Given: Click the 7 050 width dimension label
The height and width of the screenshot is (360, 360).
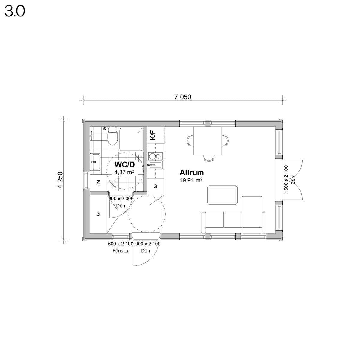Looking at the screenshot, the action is click(x=182, y=97).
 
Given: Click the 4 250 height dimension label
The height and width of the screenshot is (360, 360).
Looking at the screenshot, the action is click(x=61, y=180).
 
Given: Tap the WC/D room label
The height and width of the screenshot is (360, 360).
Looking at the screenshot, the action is click(x=124, y=164).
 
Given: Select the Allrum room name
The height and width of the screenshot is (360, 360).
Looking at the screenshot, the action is click(x=191, y=172).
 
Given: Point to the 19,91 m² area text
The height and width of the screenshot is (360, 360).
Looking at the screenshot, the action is click(x=191, y=181).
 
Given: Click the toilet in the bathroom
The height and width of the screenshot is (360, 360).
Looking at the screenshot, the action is click(x=112, y=136).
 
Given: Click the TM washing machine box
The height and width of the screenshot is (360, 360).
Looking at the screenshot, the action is click(x=99, y=183).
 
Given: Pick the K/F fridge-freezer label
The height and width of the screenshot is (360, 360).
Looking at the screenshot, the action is click(x=153, y=135).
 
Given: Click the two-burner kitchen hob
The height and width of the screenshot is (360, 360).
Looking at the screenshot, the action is click(x=155, y=156).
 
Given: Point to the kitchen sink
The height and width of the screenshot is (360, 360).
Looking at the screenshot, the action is click(x=155, y=165).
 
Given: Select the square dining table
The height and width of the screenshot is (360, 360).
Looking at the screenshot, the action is click(x=208, y=141).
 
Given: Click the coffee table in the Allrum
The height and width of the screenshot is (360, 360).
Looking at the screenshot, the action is click(x=222, y=195).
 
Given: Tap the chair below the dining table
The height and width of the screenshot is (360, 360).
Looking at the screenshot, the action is click(x=208, y=158).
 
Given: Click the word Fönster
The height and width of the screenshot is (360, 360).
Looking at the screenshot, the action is click(x=121, y=251).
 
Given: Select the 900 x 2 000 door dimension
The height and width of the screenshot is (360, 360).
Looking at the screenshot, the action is click(x=121, y=199).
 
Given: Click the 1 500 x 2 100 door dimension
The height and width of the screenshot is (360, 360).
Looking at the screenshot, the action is click(x=286, y=180).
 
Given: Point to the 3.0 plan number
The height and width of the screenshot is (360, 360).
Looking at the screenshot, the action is click(x=15, y=11).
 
